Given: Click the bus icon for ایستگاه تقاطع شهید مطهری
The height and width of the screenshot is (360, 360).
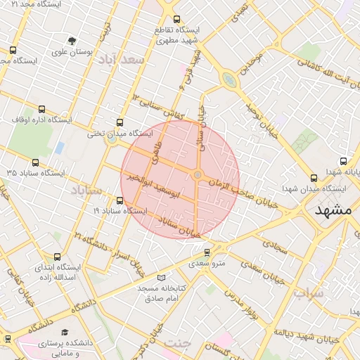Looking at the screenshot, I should coord(176,20).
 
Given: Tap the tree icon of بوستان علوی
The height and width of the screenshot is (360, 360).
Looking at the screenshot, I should coord(72,41).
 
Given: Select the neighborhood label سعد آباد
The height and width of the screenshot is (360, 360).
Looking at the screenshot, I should coord(122,59).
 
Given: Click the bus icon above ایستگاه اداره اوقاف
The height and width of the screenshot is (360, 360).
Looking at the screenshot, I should coord(42,109).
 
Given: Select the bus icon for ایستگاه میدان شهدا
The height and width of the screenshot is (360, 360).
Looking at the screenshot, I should coord(314,178).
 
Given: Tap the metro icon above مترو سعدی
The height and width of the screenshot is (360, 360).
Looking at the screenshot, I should coord(207,252).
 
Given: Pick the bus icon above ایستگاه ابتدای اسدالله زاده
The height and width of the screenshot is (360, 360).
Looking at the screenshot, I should coord(56,257).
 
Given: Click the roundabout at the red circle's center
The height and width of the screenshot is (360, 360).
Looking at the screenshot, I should coord(198,174).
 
